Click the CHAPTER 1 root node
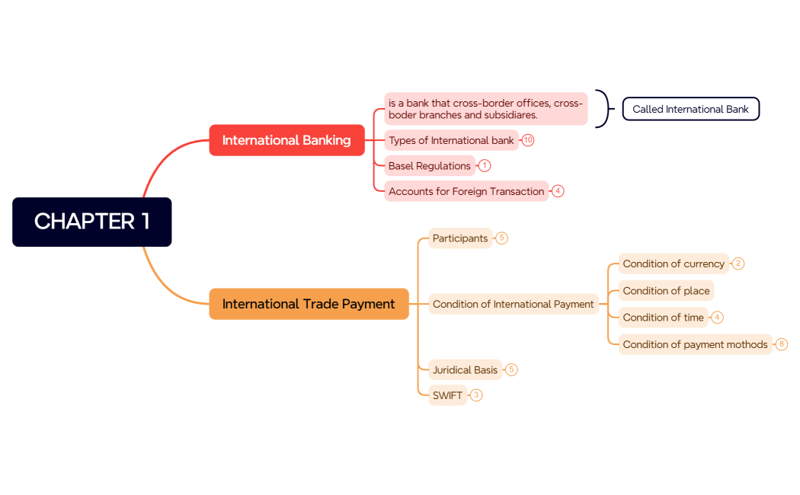click(x=92, y=222)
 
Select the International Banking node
click(x=286, y=140)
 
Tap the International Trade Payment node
click(x=309, y=304)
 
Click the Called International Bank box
click(x=690, y=109)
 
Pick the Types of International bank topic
click(x=451, y=140)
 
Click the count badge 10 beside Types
click(x=528, y=140)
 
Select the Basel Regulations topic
click(x=429, y=166)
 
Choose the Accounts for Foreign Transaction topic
click(x=466, y=191)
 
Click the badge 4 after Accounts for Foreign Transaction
click(x=558, y=191)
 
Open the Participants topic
click(x=460, y=238)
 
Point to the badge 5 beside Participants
click(x=501, y=238)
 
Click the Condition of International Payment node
click(x=513, y=304)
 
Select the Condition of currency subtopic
click(x=674, y=263)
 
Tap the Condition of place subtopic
click(x=666, y=291)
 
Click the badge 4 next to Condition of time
click(x=718, y=318)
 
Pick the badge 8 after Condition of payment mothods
click(x=782, y=344)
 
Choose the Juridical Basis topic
click(x=465, y=370)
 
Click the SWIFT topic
click(x=447, y=395)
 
